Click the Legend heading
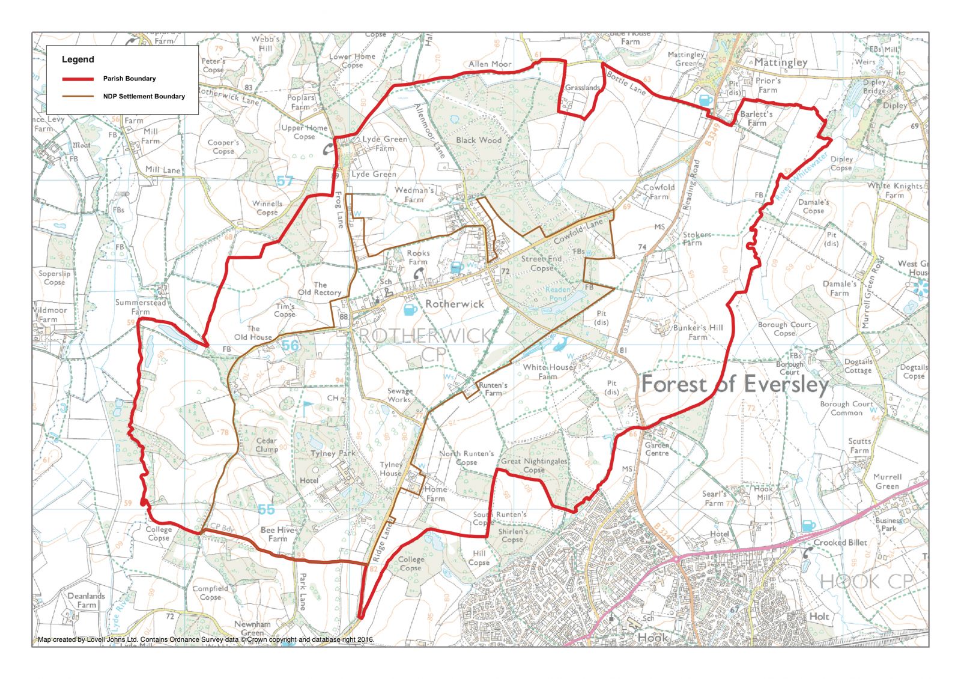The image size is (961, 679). (x=78, y=59)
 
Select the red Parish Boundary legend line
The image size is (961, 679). (x=78, y=79)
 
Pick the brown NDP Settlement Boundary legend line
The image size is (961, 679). (x=78, y=96)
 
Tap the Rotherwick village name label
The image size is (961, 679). (x=454, y=304)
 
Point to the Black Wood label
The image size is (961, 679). (x=478, y=140)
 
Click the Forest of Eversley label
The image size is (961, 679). (x=735, y=384)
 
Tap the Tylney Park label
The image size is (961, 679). (x=333, y=454)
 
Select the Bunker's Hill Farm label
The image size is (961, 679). (x=698, y=332)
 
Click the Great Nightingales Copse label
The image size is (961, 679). (x=534, y=465)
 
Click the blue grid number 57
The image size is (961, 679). (x=285, y=181)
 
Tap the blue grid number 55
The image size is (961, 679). (x=266, y=510)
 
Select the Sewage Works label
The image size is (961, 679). (x=399, y=395)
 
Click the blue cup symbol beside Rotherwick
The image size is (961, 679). (x=410, y=310)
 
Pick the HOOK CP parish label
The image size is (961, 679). (x=866, y=581)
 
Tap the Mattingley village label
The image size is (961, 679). (x=780, y=62)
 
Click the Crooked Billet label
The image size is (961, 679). (x=840, y=543)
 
